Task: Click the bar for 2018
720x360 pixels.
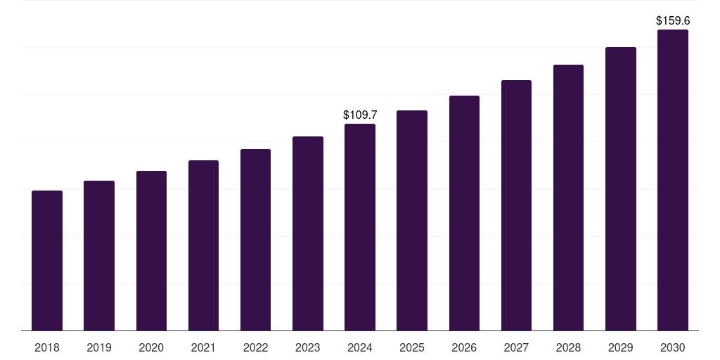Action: (x=47, y=260)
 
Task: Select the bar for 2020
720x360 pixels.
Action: (x=151, y=250)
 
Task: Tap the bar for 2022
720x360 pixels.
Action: (x=255, y=240)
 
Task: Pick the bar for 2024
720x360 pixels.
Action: (x=360, y=227)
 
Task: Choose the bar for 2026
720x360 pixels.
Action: (x=464, y=213)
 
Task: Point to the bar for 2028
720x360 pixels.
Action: (x=568, y=198)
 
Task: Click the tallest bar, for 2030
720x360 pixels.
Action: (x=673, y=180)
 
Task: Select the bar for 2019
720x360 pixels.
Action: (x=99, y=255)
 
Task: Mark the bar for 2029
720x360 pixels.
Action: (x=621, y=188)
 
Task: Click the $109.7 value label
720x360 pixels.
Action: (x=360, y=114)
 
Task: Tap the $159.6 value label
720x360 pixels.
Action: (x=673, y=20)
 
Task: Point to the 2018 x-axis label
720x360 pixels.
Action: (x=47, y=347)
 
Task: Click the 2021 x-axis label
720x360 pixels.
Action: (x=203, y=347)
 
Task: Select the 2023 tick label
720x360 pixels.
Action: (x=308, y=347)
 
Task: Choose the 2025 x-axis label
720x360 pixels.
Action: (x=412, y=347)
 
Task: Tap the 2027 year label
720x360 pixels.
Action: (x=516, y=347)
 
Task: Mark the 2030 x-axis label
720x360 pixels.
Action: (x=673, y=347)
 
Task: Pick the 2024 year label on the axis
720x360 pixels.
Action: (x=360, y=347)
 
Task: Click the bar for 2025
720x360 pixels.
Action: (x=412, y=220)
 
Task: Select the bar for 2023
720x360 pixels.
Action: (x=308, y=233)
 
